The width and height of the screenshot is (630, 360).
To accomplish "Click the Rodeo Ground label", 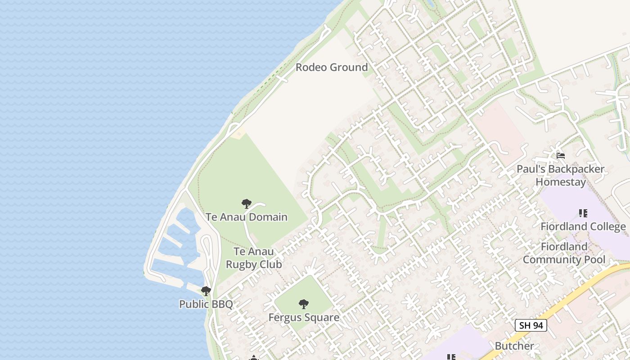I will click(x=332, y=67).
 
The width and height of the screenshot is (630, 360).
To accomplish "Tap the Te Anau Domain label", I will click(x=247, y=217).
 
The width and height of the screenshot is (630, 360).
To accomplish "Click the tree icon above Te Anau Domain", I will click(x=246, y=204).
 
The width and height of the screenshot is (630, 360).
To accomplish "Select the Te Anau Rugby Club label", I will click(x=254, y=258).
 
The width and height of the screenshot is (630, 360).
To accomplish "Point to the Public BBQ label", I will click(x=206, y=304).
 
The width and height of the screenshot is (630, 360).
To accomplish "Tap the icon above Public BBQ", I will click(x=206, y=291).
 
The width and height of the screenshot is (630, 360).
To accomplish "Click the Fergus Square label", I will click(x=304, y=317).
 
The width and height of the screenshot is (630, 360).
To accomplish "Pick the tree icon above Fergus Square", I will click(x=304, y=304).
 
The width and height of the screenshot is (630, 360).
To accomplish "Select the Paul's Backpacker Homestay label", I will click(x=561, y=175).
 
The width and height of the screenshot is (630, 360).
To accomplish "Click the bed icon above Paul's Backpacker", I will click(x=561, y=156).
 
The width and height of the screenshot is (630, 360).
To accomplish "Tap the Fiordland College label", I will click(x=583, y=226).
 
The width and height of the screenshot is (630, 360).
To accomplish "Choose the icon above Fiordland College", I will click(x=583, y=213).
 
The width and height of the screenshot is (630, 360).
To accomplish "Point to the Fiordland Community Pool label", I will click(x=564, y=253).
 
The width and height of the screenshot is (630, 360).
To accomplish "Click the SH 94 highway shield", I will click(x=531, y=325).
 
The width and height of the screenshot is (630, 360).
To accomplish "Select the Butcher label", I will click(x=514, y=346).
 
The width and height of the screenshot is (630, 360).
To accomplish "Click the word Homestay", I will click(x=561, y=182).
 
